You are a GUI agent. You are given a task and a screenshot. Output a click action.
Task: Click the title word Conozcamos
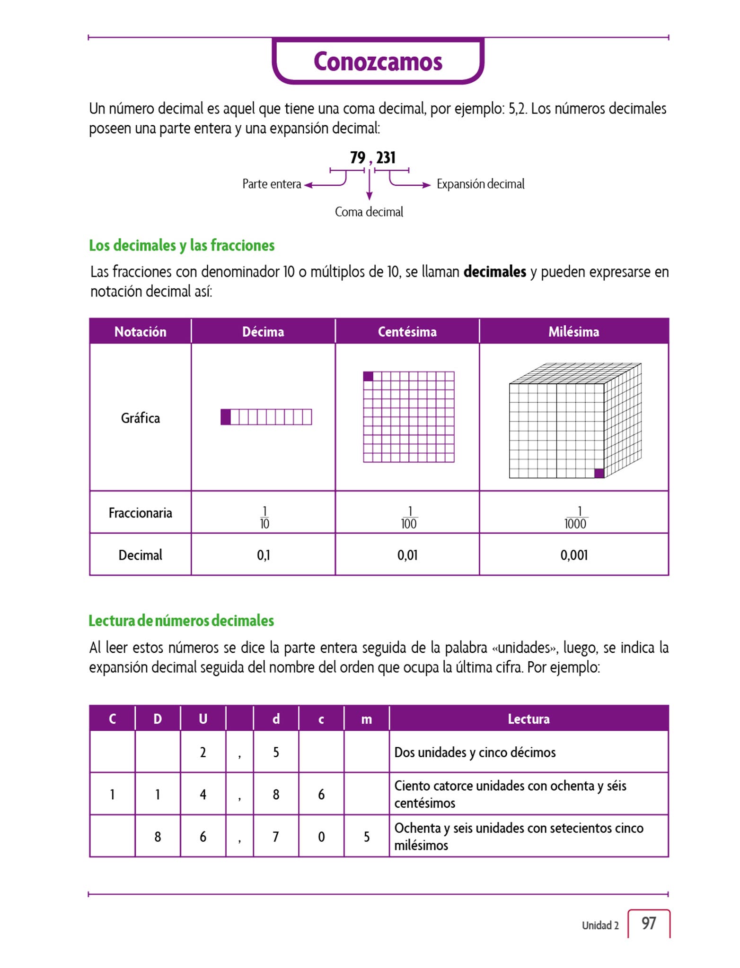378,62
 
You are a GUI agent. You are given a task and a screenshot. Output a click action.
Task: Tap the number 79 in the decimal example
357,157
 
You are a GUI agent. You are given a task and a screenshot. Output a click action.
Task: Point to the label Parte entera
272,184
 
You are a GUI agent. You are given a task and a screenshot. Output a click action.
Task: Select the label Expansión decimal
480,184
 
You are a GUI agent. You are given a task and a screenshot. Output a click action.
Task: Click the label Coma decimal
369,212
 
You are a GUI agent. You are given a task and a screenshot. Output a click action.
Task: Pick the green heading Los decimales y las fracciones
182,245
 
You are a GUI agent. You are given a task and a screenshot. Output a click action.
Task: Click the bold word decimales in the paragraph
494,272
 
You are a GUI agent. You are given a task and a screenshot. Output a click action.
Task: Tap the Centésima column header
407,331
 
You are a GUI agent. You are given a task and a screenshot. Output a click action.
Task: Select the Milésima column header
573,331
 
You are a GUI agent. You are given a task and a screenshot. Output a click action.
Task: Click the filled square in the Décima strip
226,417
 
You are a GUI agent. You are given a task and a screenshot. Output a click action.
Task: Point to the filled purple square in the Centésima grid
368,376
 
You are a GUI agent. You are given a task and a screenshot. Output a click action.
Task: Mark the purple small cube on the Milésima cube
599,473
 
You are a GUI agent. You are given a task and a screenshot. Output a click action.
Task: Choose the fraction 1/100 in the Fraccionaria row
409,518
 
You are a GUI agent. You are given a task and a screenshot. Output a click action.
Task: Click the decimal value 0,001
574,555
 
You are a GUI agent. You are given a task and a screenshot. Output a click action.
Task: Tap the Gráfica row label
140,418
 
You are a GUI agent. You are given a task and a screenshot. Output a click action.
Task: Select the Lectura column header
529,719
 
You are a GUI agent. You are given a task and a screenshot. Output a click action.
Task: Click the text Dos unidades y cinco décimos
475,752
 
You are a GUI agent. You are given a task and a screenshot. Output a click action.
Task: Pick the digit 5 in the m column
367,837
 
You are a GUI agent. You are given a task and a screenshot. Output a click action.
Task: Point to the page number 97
648,923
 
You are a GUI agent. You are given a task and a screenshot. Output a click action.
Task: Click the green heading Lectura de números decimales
181,621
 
